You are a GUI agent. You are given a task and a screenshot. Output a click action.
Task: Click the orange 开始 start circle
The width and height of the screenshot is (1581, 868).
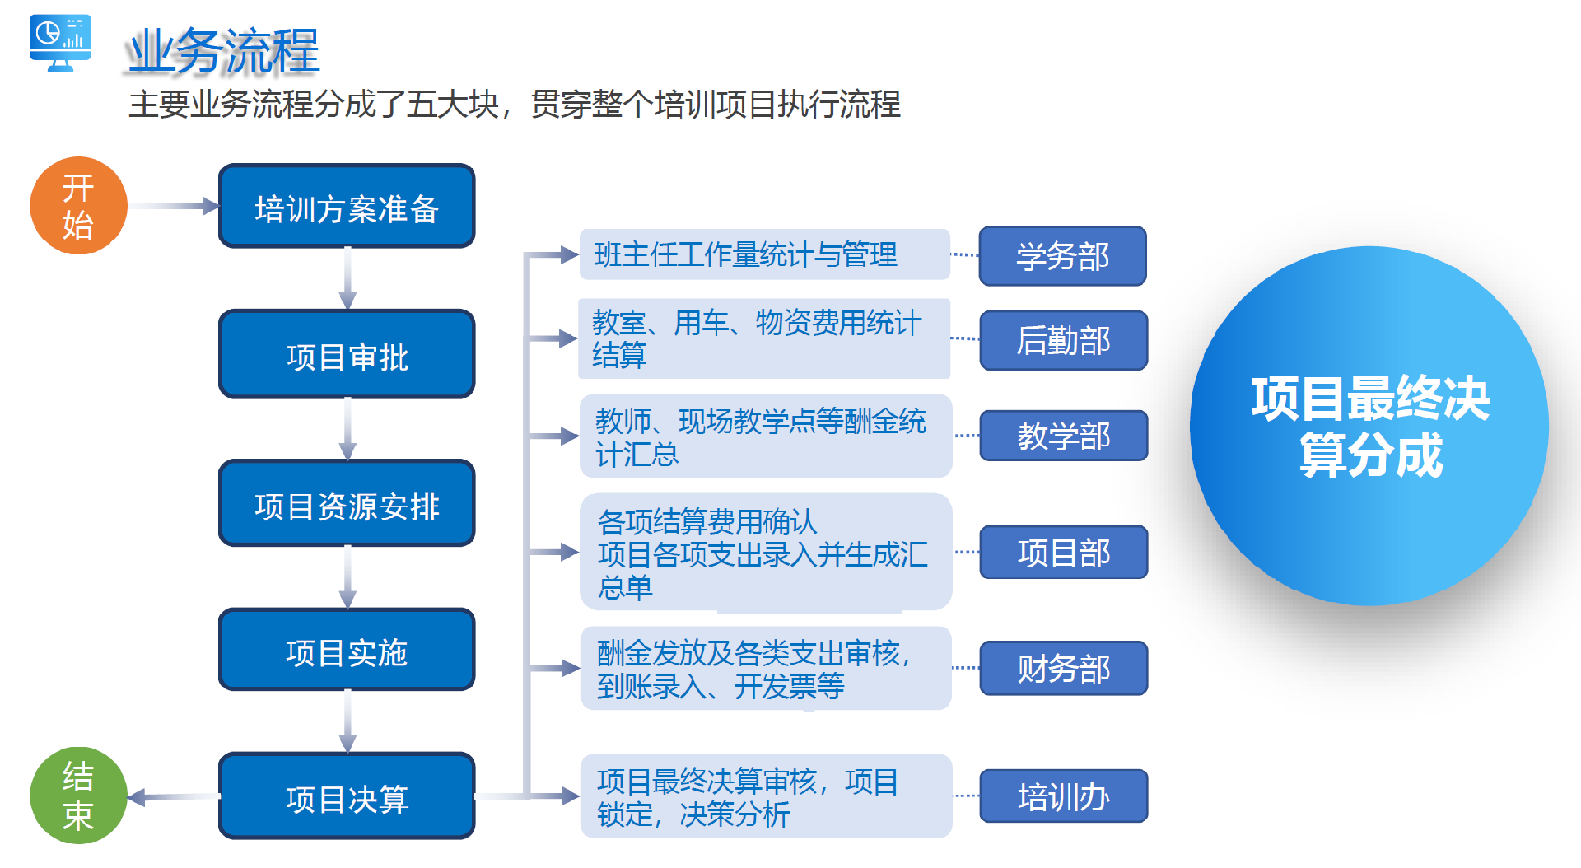[x=78, y=206]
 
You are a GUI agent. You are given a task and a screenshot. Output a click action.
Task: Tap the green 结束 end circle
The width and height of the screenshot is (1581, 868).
[x=78, y=796]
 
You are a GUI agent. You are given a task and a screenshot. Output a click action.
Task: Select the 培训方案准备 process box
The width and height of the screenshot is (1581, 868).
[x=347, y=207]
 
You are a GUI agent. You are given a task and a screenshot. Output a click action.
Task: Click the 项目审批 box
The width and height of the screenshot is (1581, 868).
[x=347, y=355]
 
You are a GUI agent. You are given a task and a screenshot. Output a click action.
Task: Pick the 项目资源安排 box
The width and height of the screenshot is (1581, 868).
[x=347, y=504]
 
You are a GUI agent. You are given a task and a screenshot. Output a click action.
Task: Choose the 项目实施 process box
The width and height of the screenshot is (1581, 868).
[x=347, y=651]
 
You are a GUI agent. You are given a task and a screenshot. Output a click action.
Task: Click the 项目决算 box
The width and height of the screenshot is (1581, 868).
[x=347, y=796]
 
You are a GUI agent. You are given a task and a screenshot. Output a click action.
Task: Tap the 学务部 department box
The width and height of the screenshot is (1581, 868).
[x=1062, y=256]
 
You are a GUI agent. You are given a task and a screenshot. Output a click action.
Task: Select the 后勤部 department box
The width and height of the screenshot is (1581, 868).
[x=1063, y=340]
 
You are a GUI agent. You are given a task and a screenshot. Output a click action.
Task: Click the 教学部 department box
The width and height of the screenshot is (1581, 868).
[x=1063, y=436]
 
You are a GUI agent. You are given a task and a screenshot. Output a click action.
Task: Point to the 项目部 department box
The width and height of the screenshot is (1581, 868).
[x=1063, y=553]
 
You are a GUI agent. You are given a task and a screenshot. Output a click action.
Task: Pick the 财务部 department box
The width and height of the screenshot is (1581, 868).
[x=1063, y=669]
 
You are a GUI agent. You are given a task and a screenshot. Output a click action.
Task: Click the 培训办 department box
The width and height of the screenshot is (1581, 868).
[x=1063, y=796]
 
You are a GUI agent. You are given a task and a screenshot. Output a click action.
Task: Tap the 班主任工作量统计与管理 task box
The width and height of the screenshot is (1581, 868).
[x=764, y=254]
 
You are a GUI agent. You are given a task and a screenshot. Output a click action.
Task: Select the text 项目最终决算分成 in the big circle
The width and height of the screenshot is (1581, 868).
[x=1370, y=427]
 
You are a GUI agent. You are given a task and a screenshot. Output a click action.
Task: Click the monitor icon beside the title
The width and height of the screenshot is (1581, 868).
[x=60, y=42]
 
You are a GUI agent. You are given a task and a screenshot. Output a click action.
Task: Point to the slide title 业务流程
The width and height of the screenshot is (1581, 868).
[x=223, y=51]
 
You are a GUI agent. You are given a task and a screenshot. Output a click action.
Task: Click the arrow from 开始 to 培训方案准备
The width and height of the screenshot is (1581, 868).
[x=173, y=206]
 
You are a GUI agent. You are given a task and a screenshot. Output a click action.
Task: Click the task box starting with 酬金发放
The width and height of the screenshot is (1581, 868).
[x=765, y=669]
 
